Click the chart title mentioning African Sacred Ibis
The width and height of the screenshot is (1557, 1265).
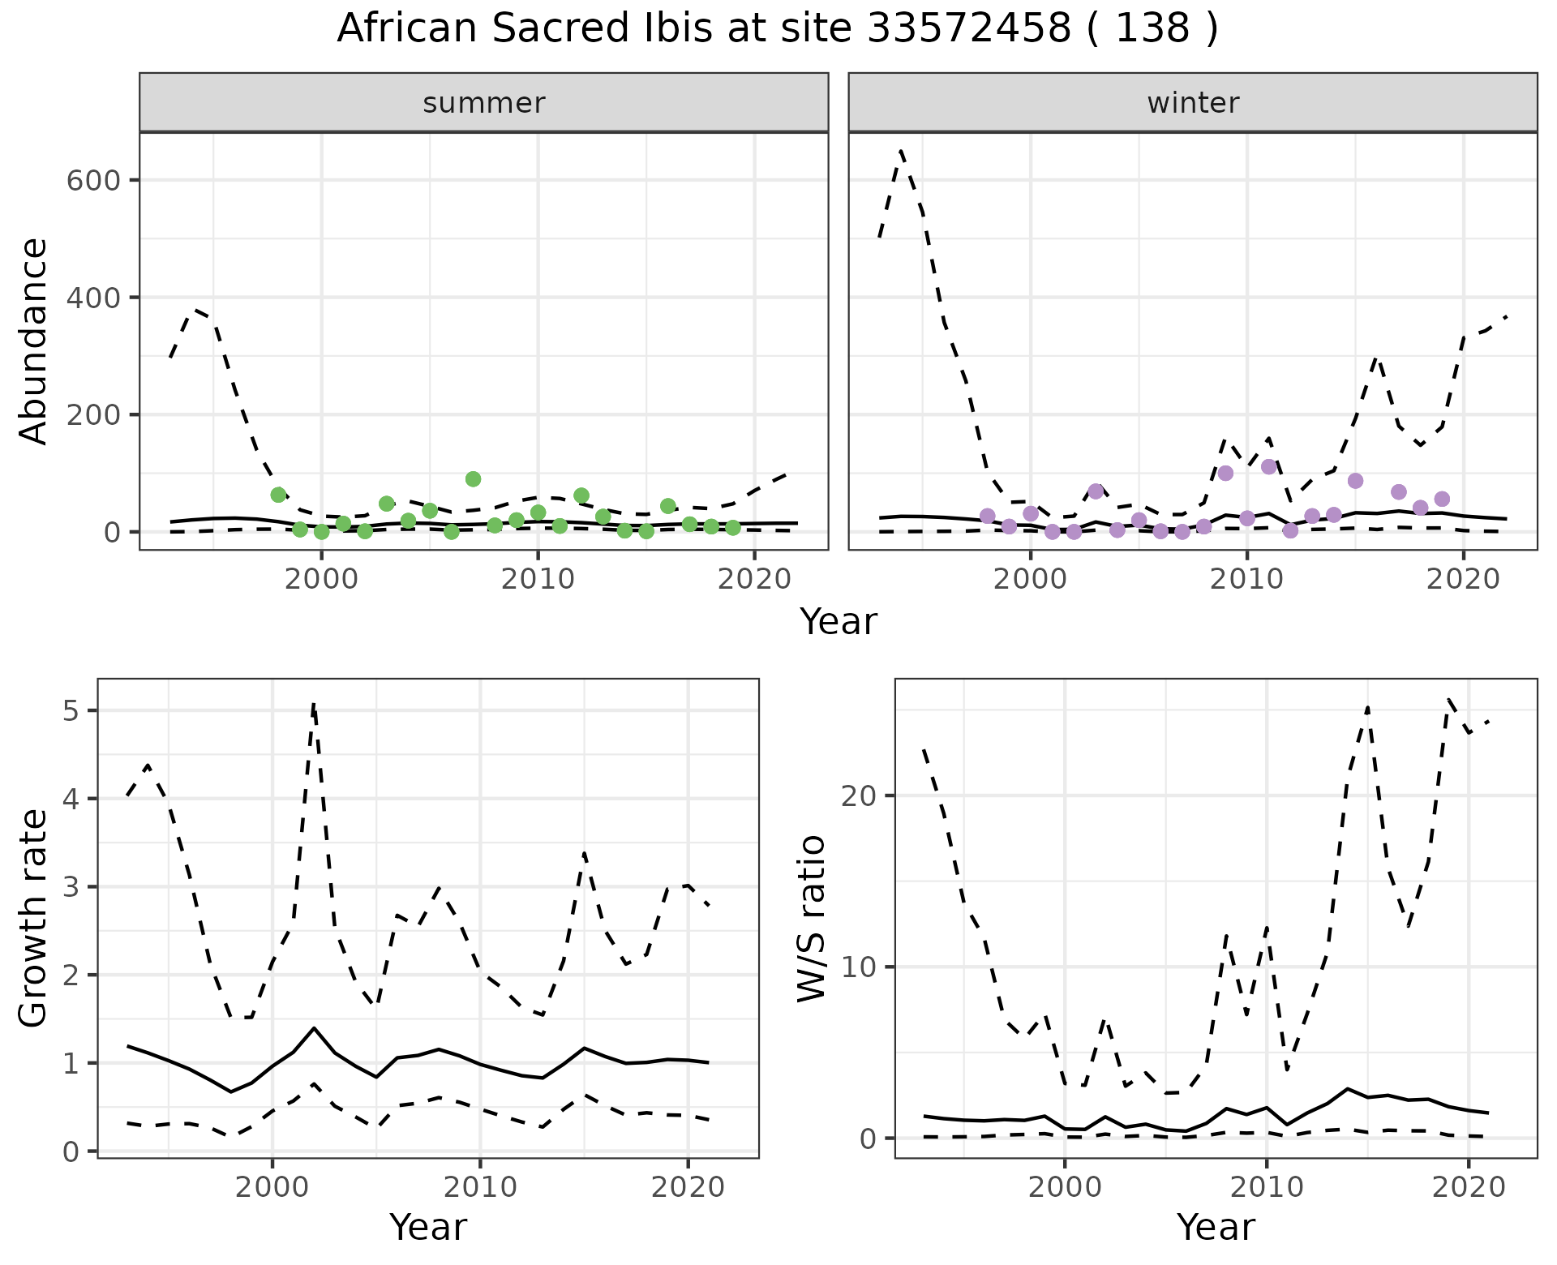[777, 29]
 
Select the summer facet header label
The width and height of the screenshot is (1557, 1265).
[484, 103]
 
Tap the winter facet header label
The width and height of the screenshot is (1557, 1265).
[1193, 103]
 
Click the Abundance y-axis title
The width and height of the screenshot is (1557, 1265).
[34, 341]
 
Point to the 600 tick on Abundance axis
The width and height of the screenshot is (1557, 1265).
[92, 180]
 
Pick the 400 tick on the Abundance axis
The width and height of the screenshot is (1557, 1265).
[92, 298]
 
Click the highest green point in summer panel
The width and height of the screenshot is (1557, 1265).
[474, 479]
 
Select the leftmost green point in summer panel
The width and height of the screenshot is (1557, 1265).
[278, 495]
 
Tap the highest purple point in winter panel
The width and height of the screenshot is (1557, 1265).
[1269, 466]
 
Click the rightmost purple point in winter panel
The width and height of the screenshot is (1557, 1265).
[1442, 499]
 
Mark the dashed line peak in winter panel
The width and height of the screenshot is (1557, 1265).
[901, 151]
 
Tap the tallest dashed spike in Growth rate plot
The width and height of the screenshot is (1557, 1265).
[314, 705]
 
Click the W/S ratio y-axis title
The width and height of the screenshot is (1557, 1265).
[811, 918]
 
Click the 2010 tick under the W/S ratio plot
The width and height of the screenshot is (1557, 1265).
[1267, 1188]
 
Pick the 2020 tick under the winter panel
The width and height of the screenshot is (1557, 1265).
[1463, 581]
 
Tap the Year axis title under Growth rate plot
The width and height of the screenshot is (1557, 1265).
[428, 1228]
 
